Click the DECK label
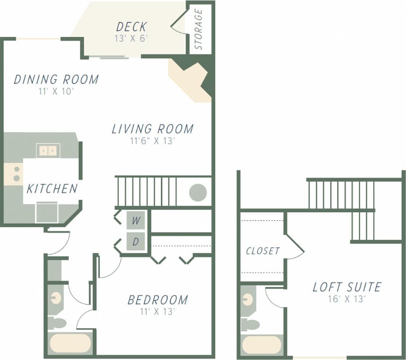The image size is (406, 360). click(x=132, y=26)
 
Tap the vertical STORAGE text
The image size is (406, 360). click(x=199, y=29)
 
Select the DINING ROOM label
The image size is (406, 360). click(x=56, y=79)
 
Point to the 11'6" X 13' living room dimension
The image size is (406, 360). click(x=152, y=141)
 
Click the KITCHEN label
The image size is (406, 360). click(x=52, y=189)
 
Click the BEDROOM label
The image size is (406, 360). click(x=158, y=299)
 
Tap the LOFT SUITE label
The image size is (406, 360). click(x=347, y=287)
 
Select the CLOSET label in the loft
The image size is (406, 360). click(x=263, y=251)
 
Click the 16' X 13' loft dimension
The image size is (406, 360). click(x=347, y=299)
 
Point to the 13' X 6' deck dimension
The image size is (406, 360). click(x=132, y=38)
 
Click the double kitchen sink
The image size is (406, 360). click(x=47, y=151)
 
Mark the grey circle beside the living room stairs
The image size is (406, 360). click(x=198, y=192)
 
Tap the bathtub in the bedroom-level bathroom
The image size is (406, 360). click(x=70, y=343)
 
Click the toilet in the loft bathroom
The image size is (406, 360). click(x=250, y=325)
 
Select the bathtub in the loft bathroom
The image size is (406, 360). click(x=262, y=345)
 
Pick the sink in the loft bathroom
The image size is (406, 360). click(x=247, y=299)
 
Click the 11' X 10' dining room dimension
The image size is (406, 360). click(x=56, y=91)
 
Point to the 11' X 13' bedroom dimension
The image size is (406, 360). click(x=158, y=311)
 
